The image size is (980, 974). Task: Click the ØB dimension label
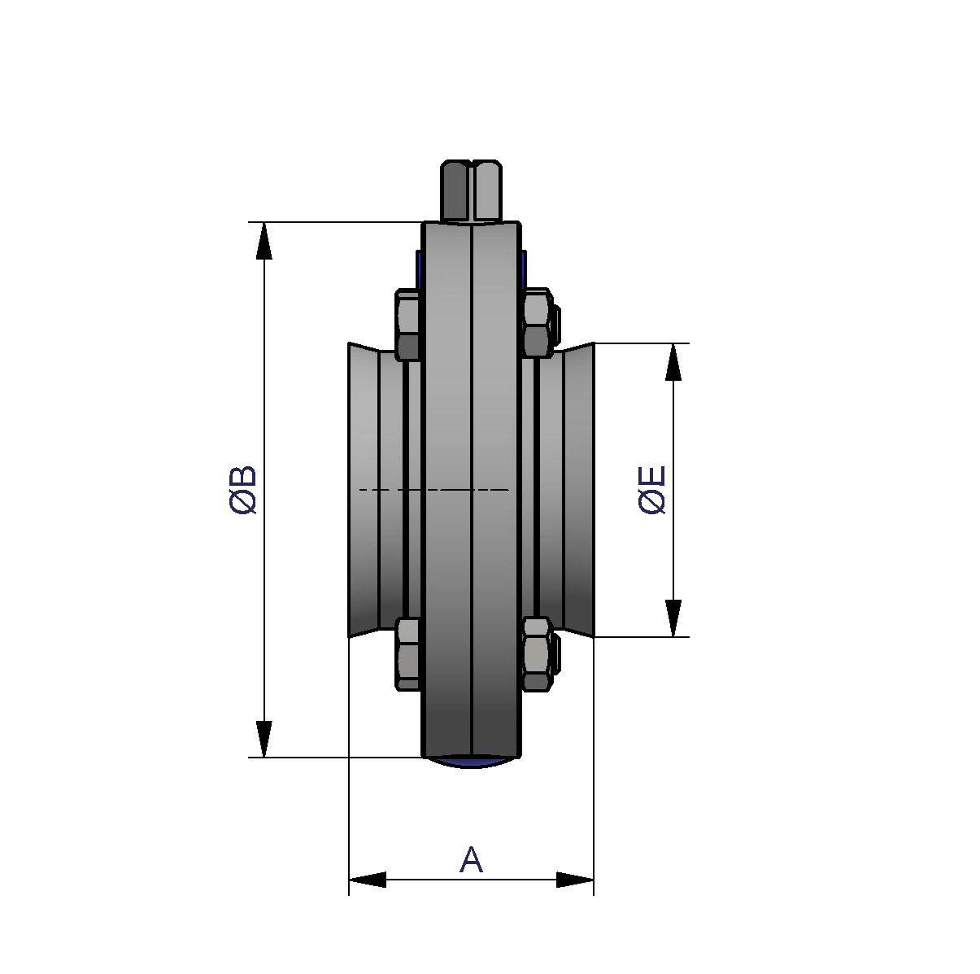point(243,489)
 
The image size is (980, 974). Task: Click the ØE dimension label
point(652,489)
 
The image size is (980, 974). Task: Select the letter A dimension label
point(471,859)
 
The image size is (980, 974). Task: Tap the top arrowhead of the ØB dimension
point(264,241)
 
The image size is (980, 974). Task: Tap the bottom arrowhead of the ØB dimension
point(264,738)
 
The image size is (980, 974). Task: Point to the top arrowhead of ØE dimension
point(673,362)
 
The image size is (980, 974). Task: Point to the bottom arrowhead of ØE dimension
point(673,618)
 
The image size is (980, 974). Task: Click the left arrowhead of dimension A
point(368,880)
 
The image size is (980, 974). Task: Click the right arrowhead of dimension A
point(575,880)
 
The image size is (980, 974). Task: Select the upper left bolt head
point(407,325)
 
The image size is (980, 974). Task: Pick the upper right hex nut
point(537,323)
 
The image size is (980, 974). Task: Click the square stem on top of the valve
point(471,190)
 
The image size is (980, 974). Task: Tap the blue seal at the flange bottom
point(471,762)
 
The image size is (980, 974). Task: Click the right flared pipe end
point(578,490)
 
